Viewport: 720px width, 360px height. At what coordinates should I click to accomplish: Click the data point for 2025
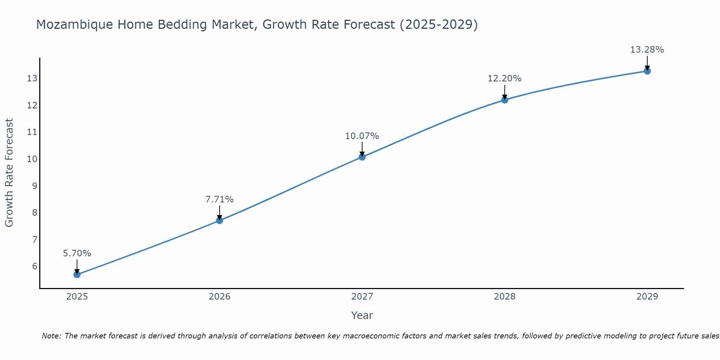click(77, 275)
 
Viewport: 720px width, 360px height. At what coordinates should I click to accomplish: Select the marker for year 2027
click(362, 157)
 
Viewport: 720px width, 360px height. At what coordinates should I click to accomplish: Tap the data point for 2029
click(647, 71)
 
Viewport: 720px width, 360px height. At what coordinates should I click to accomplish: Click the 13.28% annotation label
click(647, 50)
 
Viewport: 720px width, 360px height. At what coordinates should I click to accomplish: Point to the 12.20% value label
click(504, 78)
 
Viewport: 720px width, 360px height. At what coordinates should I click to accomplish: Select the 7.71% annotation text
click(220, 199)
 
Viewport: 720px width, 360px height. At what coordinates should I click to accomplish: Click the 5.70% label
click(77, 253)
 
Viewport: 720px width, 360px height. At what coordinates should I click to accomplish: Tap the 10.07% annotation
click(362, 136)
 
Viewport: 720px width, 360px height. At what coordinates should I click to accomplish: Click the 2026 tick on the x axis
click(220, 297)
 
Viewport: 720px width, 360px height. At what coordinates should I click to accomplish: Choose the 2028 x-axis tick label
click(504, 297)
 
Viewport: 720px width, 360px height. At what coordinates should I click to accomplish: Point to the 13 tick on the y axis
click(32, 78)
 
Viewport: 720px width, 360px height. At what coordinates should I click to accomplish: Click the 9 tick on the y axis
click(35, 186)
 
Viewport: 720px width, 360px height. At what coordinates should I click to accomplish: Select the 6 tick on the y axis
click(35, 266)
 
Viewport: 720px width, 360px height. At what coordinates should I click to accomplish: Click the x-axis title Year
click(362, 315)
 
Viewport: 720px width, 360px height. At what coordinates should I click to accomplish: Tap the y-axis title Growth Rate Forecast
click(9, 173)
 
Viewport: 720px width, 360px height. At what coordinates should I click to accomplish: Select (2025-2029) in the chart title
click(438, 25)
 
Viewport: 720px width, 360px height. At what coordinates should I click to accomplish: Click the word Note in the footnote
click(51, 336)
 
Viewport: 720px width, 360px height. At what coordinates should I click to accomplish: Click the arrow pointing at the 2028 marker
click(504, 92)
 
